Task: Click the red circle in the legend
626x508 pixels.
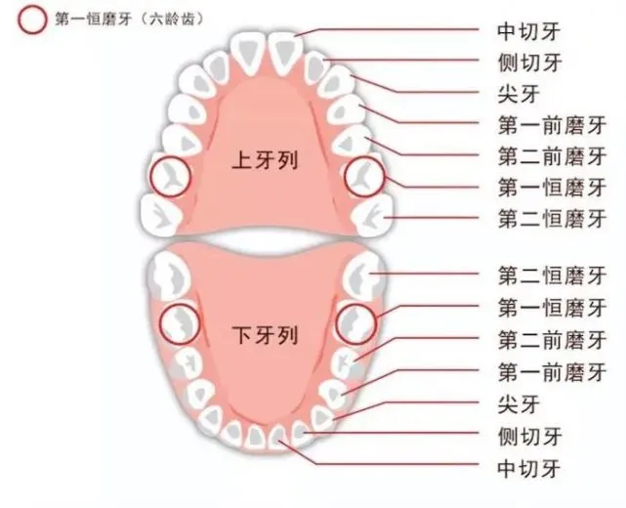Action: (31, 20)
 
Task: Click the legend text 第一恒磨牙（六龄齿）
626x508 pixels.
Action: (129, 20)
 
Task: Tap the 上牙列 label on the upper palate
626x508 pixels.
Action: (265, 161)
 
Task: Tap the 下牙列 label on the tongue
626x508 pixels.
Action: (265, 335)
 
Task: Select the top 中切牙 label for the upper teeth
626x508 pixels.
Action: (529, 31)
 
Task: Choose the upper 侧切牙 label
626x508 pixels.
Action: (529, 63)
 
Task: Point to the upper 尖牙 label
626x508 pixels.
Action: (519, 94)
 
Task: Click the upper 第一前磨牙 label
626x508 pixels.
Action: (552, 125)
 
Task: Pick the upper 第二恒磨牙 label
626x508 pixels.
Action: (552, 218)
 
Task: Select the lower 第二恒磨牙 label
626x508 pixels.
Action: (552, 275)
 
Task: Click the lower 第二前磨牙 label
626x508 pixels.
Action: (552, 339)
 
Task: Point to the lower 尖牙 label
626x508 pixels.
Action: (519, 403)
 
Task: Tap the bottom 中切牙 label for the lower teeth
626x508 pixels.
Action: (529, 468)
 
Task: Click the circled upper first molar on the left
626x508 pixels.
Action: (171, 176)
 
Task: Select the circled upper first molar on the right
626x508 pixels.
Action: (364, 176)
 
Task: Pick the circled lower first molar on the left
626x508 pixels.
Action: (180, 324)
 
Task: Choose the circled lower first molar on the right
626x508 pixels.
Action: (355, 324)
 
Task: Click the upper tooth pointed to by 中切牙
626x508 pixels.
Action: (285, 53)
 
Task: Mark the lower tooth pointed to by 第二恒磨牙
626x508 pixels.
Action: (365, 275)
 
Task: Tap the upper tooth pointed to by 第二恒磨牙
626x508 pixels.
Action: (372, 216)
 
